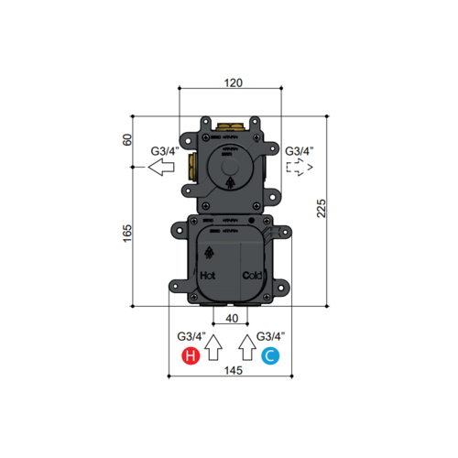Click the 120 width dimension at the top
coord(233,82)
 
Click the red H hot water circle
coord(190,355)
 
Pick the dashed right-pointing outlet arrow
coord(299,168)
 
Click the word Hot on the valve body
coord(209,275)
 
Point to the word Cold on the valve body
coord(252,275)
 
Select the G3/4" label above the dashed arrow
coord(300,151)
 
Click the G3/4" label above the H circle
coord(191,336)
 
